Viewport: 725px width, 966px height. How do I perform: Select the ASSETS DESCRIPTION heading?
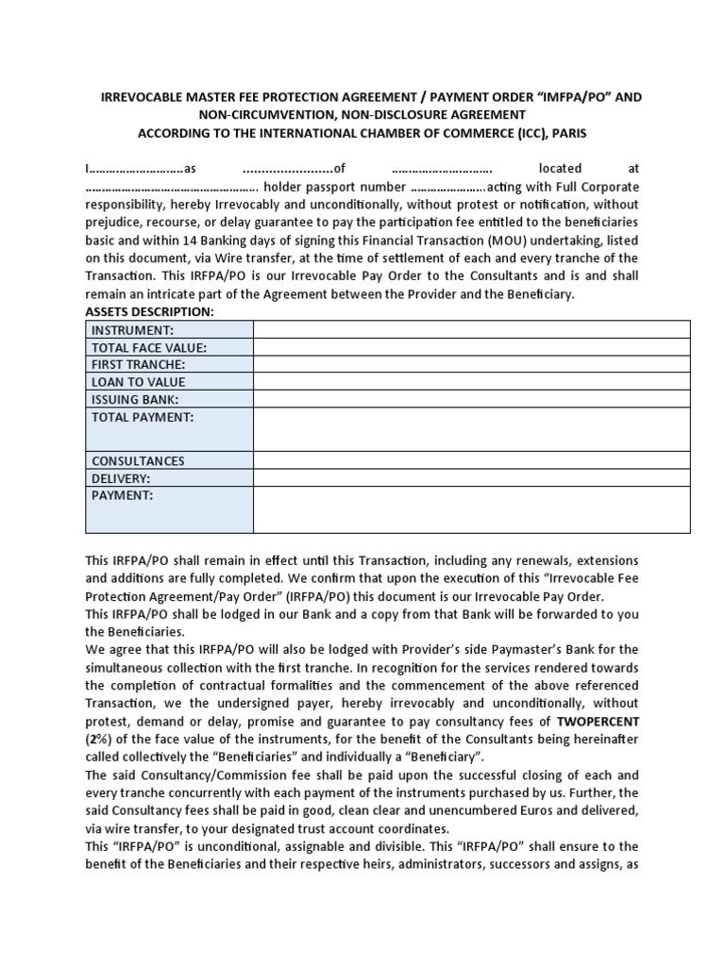(x=150, y=311)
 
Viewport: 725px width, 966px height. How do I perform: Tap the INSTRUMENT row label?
(x=132, y=330)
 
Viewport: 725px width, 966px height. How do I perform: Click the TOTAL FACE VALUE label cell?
(x=148, y=347)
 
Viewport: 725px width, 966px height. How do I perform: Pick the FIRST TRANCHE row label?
(x=138, y=364)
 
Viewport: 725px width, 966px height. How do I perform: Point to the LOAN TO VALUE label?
(x=138, y=382)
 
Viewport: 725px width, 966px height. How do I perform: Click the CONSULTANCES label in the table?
(x=138, y=460)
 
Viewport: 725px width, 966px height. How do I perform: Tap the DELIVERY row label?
(x=121, y=478)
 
